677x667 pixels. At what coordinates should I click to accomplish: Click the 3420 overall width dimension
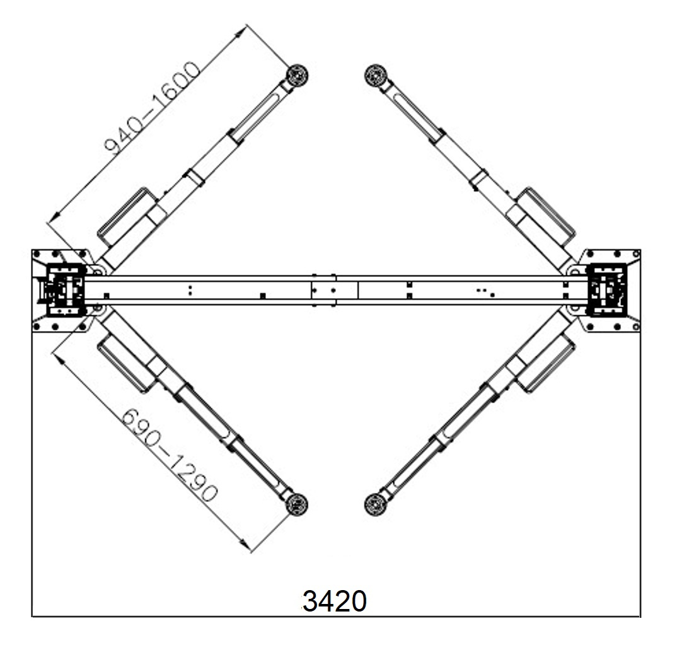pyautogui.click(x=335, y=601)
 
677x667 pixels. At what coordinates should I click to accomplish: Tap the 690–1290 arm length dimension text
pyautogui.click(x=169, y=455)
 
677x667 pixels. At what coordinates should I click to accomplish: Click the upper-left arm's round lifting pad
pyautogui.click(x=298, y=76)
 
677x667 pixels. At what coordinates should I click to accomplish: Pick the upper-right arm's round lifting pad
pyautogui.click(x=375, y=76)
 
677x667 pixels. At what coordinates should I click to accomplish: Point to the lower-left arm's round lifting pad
pyautogui.click(x=297, y=504)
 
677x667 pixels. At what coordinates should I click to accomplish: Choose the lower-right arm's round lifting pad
pyautogui.click(x=375, y=504)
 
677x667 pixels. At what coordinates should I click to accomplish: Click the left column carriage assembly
pyautogui.click(x=65, y=289)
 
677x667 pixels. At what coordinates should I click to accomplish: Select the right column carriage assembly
pyautogui.click(x=608, y=289)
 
